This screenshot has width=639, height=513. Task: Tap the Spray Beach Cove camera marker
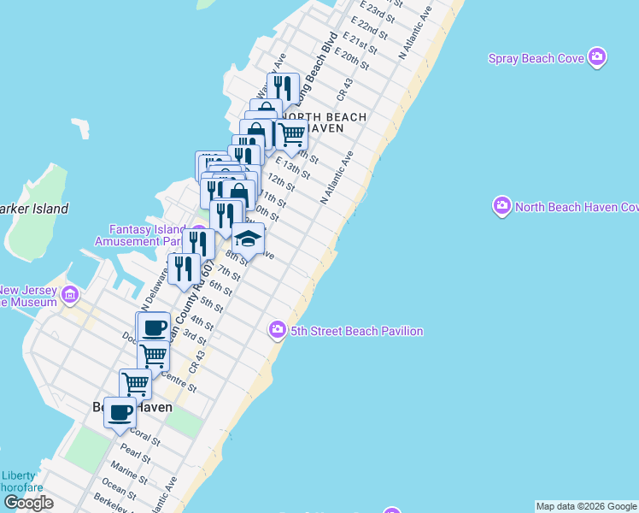coord(597,58)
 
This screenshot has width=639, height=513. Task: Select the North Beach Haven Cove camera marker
coord(501,207)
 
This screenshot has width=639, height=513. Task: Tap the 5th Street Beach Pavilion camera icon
coord(277,330)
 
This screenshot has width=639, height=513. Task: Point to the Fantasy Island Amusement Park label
coord(147,236)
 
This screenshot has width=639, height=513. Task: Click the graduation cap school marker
coord(248,238)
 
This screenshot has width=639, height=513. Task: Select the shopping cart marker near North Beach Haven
coord(291,133)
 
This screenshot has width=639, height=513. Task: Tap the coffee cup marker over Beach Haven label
coord(120,413)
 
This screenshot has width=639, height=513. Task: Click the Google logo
coord(28,503)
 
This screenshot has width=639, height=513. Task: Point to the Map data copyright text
coord(586,506)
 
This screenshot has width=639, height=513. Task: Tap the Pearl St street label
coord(136,451)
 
